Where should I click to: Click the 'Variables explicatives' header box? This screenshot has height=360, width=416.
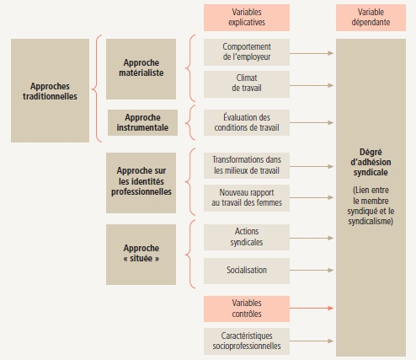(x=247, y=18)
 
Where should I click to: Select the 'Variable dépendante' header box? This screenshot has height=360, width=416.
(x=371, y=18)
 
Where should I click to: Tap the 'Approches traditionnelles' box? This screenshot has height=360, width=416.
(x=50, y=90)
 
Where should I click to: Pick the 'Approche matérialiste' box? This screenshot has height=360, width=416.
(x=141, y=69)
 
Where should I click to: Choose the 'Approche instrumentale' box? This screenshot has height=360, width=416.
(x=142, y=122)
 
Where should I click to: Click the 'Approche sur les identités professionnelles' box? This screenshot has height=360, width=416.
(x=141, y=183)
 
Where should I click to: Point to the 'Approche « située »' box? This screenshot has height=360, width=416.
(x=141, y=255)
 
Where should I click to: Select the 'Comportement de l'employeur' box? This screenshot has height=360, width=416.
(x=247, y=52)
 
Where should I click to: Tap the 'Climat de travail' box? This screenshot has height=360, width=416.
(x=247, y=84)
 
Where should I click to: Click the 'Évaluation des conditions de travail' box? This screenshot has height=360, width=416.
(x=247, y=122)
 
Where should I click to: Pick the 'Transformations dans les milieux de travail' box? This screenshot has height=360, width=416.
(x=247, y=165)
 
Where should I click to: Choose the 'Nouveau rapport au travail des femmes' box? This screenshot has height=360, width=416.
(x=247, y=198)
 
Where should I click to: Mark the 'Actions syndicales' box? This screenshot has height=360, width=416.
(x=247, y=237)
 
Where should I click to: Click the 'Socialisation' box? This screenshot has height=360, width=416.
(x=247, y=271)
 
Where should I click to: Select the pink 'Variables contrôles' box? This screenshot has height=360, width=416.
(x=247, y=309)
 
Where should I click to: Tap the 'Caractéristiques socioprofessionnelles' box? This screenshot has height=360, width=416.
(x=247, y=341)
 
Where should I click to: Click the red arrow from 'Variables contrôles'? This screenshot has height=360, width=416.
(x=312, y=309)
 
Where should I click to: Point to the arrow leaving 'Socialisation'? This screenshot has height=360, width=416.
(x=312, y=271)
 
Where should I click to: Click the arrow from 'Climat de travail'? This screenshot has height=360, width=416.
(x=312, y=85)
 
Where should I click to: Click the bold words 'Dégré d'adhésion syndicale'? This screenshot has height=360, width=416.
(x=371, y=162)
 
